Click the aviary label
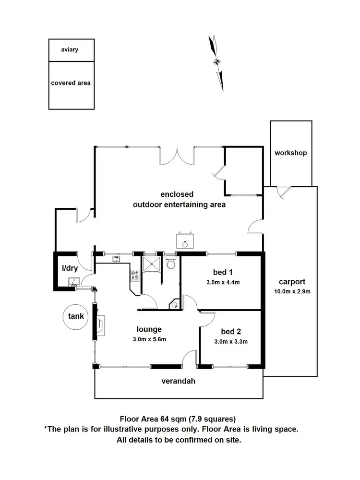[x=70, y=49]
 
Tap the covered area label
[x=71, y=83]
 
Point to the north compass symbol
[x=216, y=61]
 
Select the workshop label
[x=290, y=153]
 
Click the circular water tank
[x=76, y=316]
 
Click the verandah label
[x=179, y=382]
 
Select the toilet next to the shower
[x=171, y=264]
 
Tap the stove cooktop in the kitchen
[x=135, y=275]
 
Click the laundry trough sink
[x=73, y=282]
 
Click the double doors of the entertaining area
[x=177, y=156]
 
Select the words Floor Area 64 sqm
[x=151, y=418]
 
